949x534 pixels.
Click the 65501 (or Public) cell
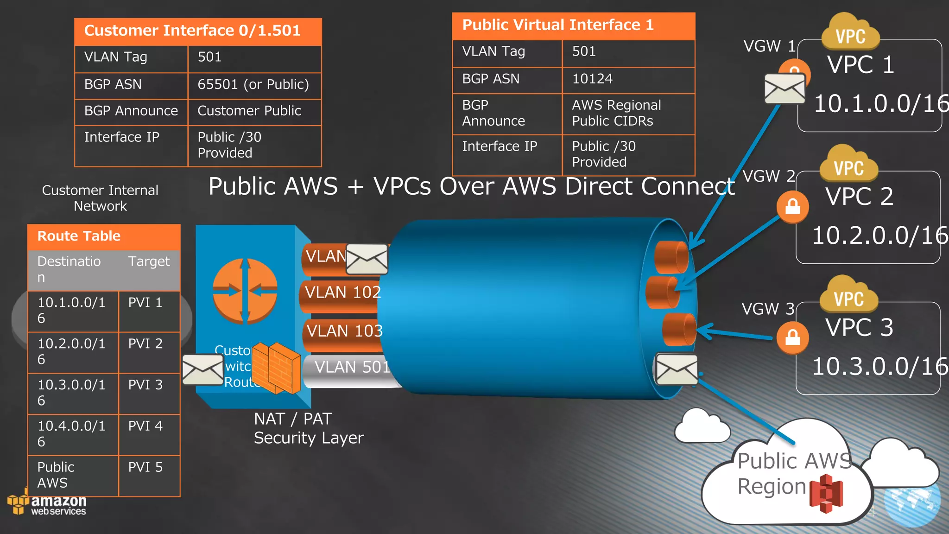click(253, 84)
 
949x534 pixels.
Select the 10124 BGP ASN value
click(592, 79)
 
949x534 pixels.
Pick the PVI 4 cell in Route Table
click(146, 426)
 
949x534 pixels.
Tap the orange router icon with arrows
click(245, 291)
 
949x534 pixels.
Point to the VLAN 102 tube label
click(342, 292)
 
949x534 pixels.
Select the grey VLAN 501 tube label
click(352, 367)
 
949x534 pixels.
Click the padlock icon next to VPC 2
click(792, 207)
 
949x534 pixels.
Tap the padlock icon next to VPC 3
click(792, 337)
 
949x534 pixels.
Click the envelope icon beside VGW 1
click(785, 89)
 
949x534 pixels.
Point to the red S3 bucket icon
click(826, 493)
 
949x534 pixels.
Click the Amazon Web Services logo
click(48, 504)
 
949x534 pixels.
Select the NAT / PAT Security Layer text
click(308, 428)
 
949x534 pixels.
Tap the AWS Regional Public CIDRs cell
click(616, 113)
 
